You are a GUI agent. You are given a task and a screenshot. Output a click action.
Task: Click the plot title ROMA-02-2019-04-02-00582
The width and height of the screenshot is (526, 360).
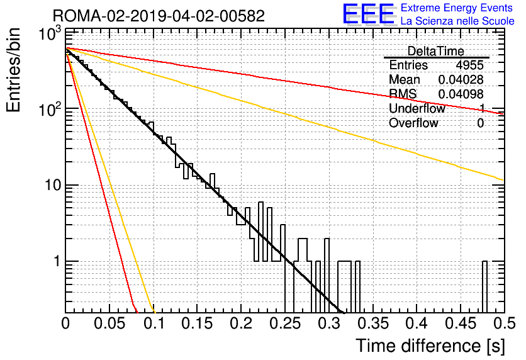[159, 16]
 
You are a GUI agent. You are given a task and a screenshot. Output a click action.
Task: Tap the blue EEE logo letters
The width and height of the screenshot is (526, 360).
[369, 14]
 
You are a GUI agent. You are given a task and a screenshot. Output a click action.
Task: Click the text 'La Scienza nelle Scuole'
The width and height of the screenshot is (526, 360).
[457, 21]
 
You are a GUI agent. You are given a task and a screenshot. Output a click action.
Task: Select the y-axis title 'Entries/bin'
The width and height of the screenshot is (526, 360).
[13, 70]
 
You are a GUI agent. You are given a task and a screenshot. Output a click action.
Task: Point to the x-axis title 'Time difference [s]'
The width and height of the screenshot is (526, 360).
[430, 346]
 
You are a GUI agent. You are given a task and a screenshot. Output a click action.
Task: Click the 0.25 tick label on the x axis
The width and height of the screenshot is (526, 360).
[285, 323]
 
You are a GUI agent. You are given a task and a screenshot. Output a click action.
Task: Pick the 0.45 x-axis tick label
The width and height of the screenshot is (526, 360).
[461, 323]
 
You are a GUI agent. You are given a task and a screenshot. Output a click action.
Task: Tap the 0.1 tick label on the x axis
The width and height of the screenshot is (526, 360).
[154, 323]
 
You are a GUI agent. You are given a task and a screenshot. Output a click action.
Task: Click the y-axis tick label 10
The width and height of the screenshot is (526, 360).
[53, 185]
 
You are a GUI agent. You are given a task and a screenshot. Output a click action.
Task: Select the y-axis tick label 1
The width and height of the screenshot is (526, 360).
[57, 261]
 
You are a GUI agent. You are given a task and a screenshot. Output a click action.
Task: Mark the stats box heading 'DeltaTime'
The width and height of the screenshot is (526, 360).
[435, 51]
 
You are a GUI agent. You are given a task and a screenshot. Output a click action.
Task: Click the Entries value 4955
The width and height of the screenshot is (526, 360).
[469, 65]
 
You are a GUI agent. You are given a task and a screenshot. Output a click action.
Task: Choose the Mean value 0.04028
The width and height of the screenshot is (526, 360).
[461, 79]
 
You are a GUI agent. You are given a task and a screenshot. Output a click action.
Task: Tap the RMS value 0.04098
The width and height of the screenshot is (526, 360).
[461, 94]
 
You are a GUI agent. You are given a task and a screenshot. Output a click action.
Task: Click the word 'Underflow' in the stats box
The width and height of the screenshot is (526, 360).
[417, 108]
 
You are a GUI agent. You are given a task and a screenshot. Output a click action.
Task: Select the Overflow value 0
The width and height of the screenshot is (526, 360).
[480, 123]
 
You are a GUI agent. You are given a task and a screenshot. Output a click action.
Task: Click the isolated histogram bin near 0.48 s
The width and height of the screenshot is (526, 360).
[484, 287]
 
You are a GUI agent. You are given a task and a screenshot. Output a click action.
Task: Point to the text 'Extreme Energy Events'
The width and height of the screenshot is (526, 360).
[457, 8]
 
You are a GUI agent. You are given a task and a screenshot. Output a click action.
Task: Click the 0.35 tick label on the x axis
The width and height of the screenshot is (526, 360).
[373, 323]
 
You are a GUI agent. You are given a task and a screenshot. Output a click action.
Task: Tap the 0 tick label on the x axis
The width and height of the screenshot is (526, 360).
[65, 323]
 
